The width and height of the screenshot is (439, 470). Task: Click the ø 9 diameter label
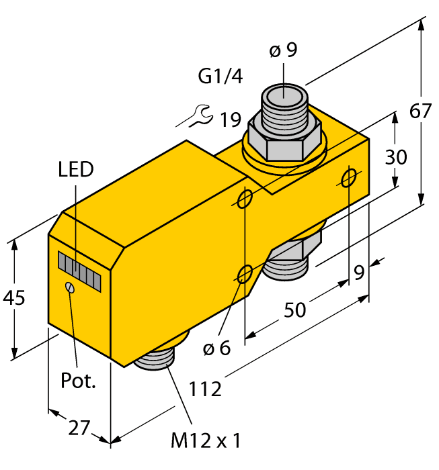click(283, 51)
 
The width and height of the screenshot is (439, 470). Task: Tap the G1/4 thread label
click(220, 77)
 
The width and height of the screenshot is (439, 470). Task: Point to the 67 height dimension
click(421, 111)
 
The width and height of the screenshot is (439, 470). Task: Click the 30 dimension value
click(395, 157)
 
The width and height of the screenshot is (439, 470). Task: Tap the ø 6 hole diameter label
click(216, 348)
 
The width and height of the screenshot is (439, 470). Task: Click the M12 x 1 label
click(206, 440)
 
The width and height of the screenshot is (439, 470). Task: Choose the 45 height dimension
click(13, 297)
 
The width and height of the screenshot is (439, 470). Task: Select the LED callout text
click(75, 169)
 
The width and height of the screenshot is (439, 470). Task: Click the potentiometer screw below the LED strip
click(70, 287)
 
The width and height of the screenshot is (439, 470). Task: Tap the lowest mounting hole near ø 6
click(245, 273)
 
